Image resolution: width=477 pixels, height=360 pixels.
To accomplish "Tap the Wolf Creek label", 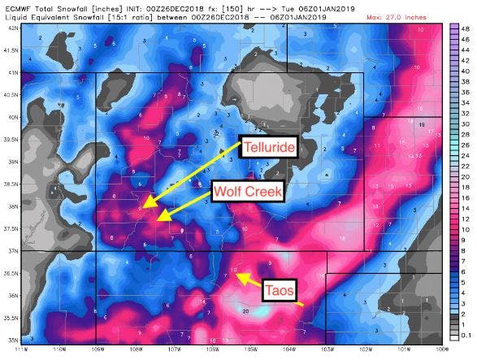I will [248, 192].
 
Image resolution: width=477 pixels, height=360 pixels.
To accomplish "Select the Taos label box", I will [284, 287].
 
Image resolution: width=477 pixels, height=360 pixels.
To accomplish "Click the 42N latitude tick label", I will [12, 27].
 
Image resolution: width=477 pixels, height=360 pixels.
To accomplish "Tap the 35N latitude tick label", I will [12, 340].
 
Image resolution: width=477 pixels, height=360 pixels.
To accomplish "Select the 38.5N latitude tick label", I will [11, 184].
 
